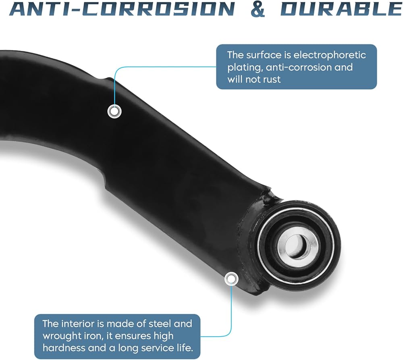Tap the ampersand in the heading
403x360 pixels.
[x=258, y=9]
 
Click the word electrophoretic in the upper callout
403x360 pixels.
[x=330, y=55]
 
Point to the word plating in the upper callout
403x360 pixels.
[x=245, y=68]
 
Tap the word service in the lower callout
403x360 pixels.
[x=158, y=348]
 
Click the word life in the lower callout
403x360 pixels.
[x=185, y=348]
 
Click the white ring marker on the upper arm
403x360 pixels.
[x=114, y=112]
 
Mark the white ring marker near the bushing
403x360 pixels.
[x=231, y=279]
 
